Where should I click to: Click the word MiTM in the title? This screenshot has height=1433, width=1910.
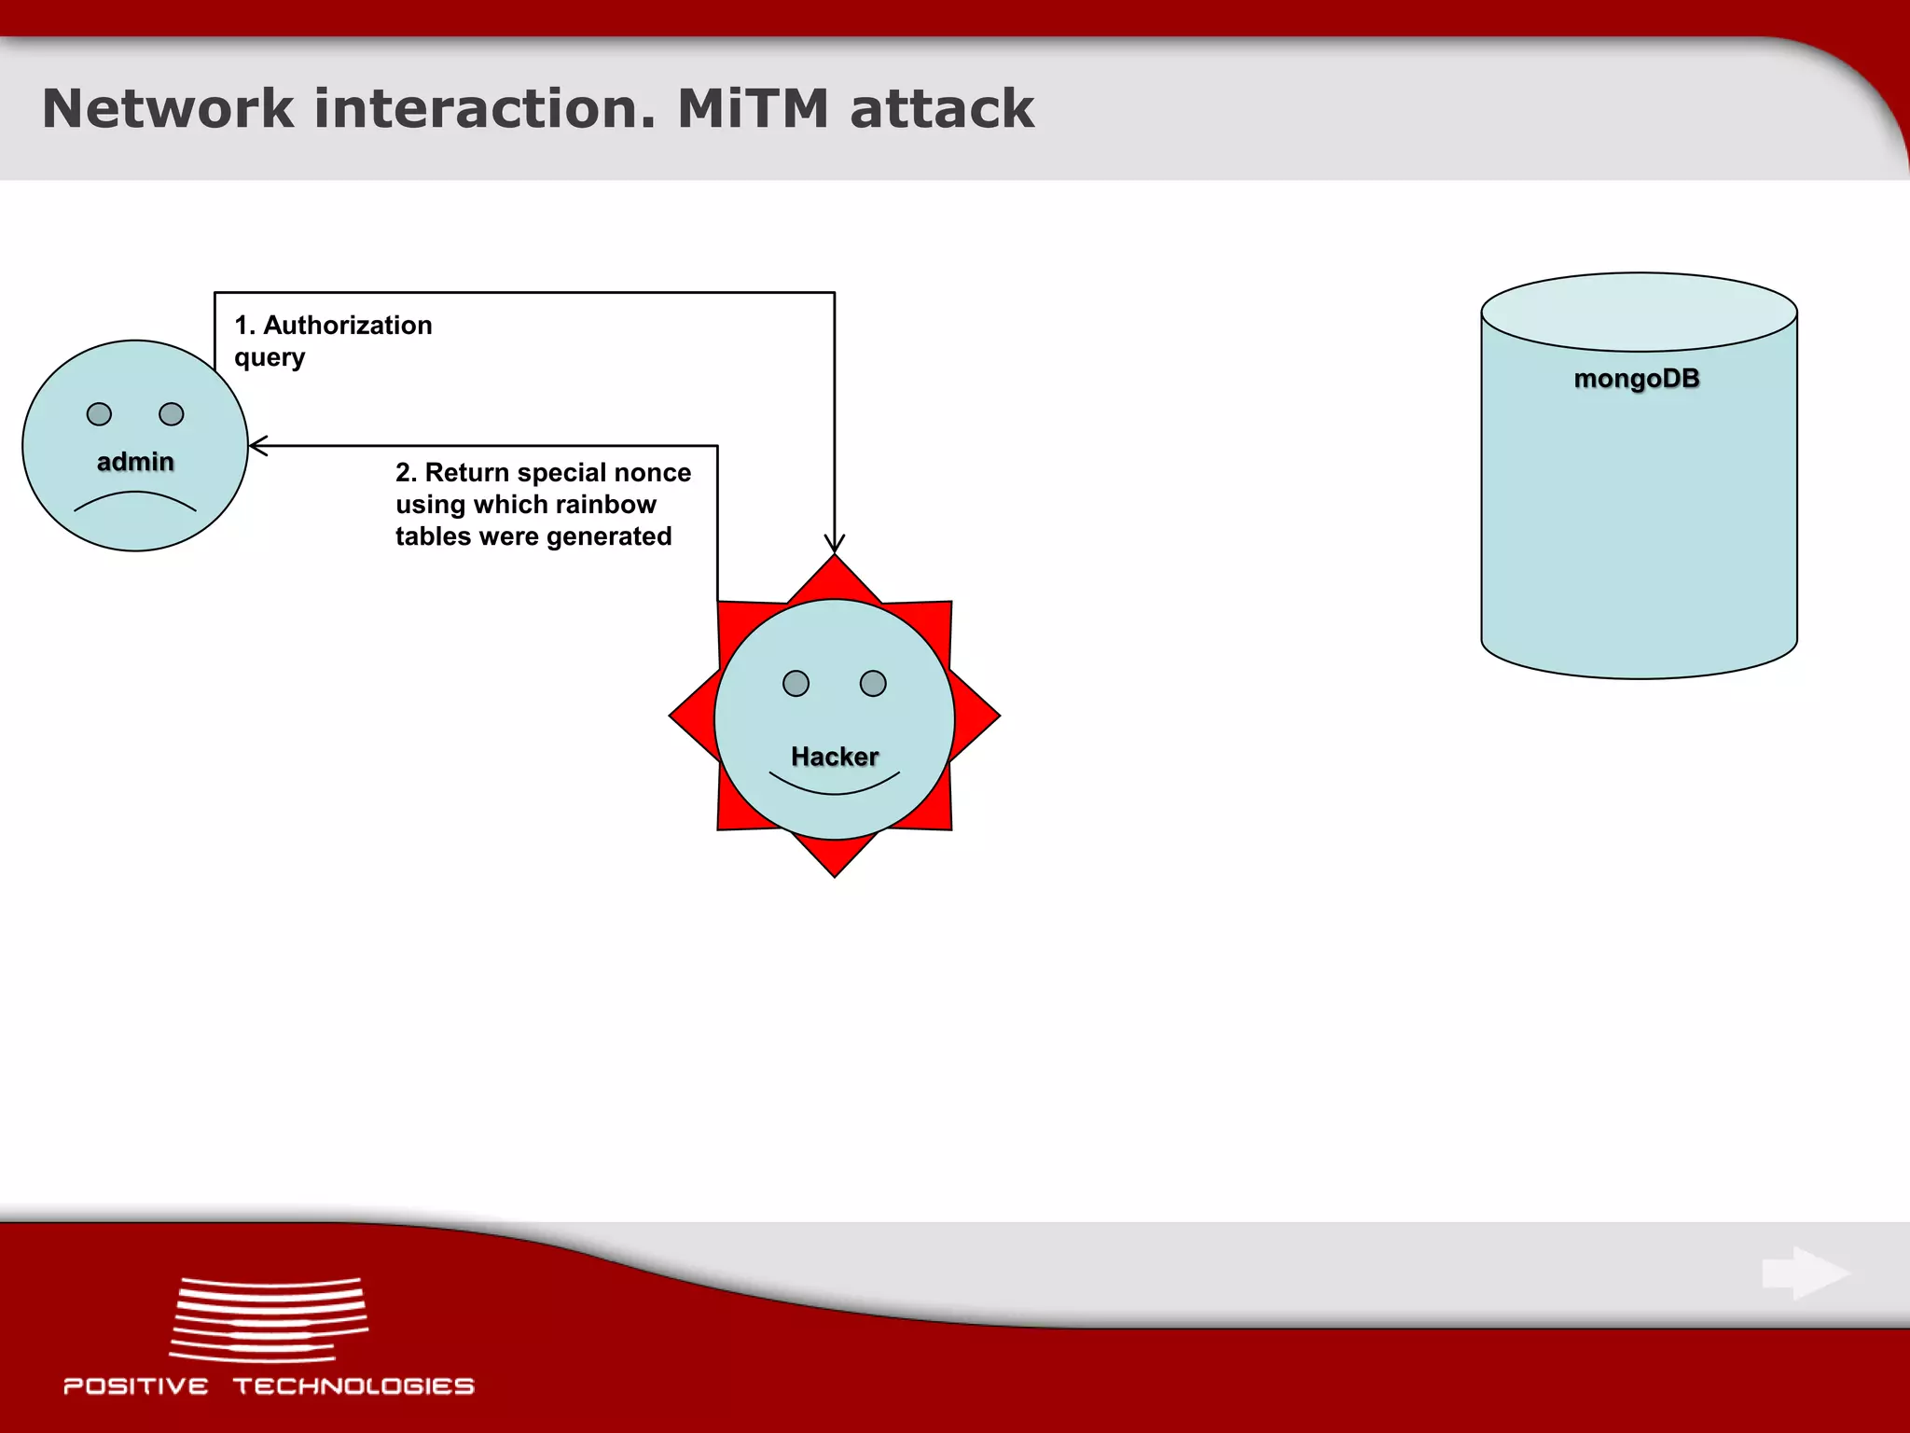tap(752, 108)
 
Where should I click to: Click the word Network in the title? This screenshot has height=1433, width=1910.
tap(168, 108)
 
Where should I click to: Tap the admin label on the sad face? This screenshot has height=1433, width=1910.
tap(135, 462)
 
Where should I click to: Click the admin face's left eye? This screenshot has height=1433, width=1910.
tap(99, 414)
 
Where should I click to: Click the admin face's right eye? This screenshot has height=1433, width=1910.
tap(172, 414)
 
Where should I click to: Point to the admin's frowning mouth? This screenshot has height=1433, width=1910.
tap(135, 499)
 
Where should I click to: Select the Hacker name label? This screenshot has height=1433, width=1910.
tap(835, 757)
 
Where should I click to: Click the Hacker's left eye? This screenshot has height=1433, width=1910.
tap(796, 684)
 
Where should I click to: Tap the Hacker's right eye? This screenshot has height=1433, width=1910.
tap(873, 684)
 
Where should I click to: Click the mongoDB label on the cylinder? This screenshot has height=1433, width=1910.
tap(1637, 379)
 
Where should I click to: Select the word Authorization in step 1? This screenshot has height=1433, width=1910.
tap(348, 326)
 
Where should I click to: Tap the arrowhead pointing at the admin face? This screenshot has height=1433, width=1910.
tap(257, 446)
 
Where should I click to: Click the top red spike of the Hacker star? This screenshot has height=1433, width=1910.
tap(835, 578)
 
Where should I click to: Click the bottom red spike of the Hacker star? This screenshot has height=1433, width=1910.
tap(835, 855)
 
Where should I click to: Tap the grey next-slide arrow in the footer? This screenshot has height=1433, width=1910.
tap(1806, 1273)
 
